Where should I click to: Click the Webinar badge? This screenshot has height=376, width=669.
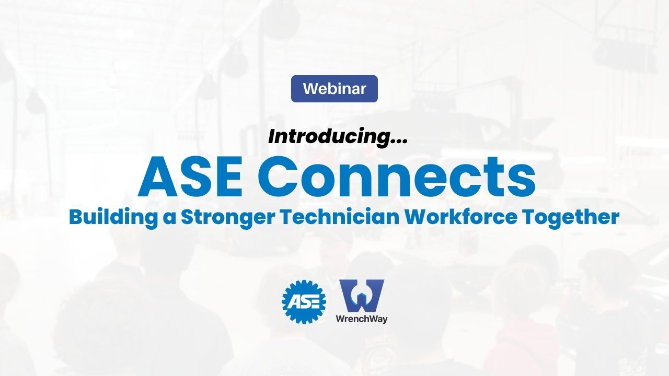click(x=334, y=89)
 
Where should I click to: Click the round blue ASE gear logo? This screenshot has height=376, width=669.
click(x=304, y=302)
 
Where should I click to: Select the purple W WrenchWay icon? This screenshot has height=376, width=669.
click(x=362, y=296)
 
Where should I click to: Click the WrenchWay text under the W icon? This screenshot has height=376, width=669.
click(x=362, y=318)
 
